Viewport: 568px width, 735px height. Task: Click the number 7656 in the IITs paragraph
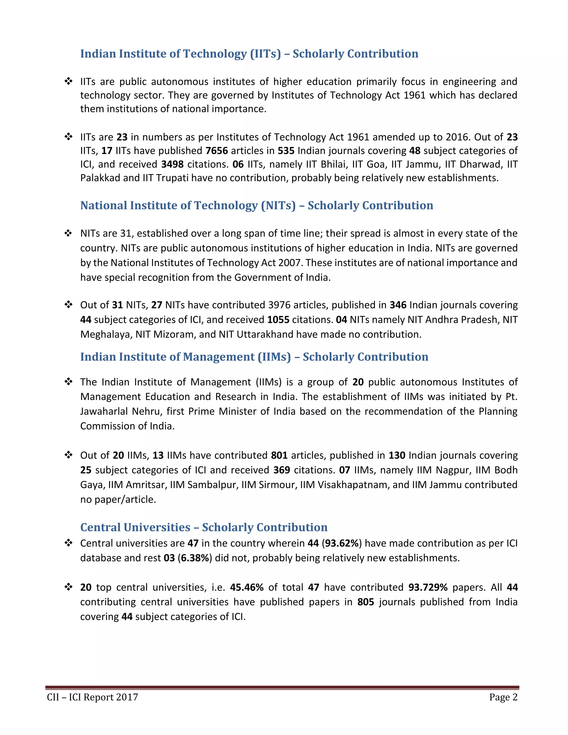pos(217,151)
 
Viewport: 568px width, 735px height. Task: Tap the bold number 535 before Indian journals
pos(286,151)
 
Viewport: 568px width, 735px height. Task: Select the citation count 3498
pos(172,164)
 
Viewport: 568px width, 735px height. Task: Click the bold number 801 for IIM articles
pos(279,455)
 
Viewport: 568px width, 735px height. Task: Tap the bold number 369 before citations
pos(282,470)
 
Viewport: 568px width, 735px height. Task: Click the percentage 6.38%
pos(195,558)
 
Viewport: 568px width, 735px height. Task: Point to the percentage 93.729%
pos(428,587)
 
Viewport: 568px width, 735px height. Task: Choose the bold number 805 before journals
pos(366,602)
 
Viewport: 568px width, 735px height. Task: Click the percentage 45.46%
pos(247,587)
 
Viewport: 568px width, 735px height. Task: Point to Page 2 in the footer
pos(503,697)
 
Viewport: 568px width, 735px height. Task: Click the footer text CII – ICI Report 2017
pos(93,697)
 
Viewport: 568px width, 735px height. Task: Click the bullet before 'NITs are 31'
pos(68,233)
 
